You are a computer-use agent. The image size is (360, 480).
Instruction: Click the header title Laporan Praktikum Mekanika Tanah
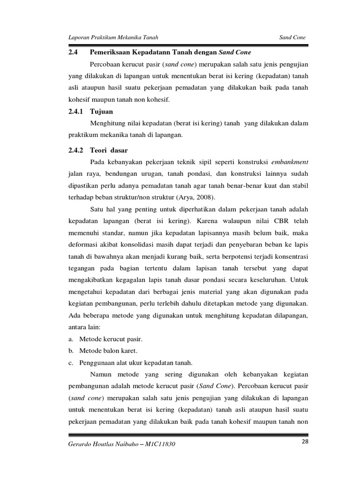(x=112, y=37)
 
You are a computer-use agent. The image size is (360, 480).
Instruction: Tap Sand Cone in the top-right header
(x=293, y=37)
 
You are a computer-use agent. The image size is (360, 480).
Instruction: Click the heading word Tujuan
(x=103, y=112)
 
